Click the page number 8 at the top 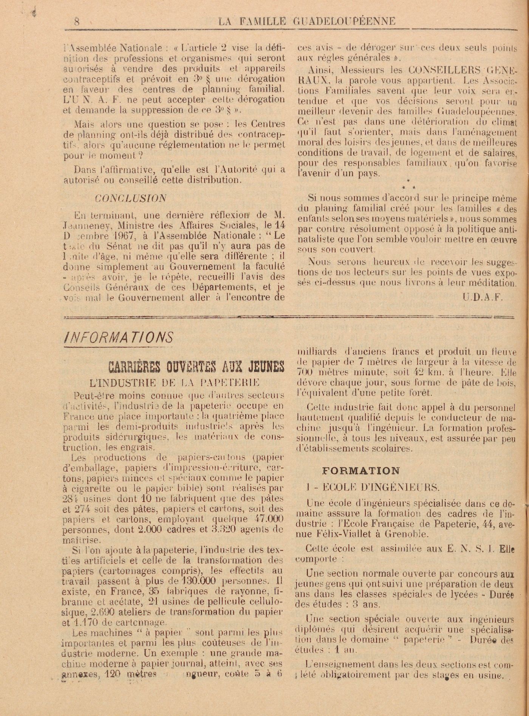point(77,22)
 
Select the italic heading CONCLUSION point(130,198)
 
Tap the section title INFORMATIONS point(119,337)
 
